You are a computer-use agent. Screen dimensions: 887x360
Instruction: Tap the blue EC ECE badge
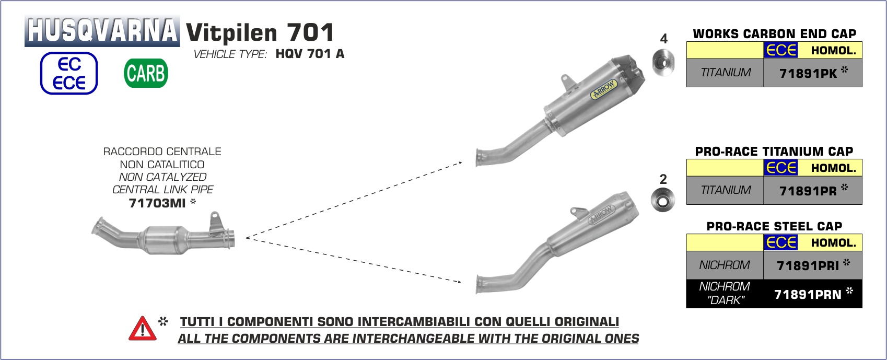click(69, 73)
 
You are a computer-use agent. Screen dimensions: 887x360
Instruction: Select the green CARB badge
click(146, 73)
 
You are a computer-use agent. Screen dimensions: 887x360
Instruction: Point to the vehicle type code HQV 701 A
click(310, 54)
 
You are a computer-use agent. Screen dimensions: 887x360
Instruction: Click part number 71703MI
click(157, 203)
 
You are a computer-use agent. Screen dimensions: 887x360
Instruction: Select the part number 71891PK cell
click(812, 73)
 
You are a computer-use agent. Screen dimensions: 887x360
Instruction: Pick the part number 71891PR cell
click(812, 191)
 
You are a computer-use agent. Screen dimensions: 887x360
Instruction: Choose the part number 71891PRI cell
click(812, 265)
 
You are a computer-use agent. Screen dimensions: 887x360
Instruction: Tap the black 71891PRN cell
click(812, 294)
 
